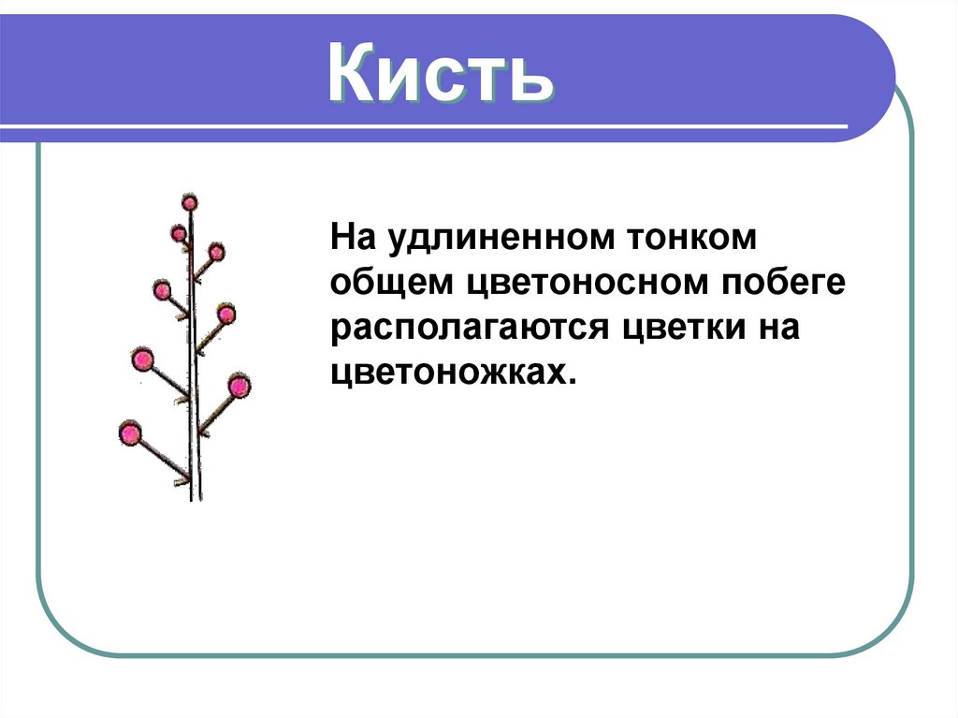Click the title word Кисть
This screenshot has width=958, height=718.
[440, 74]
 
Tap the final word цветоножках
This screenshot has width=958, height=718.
[450, 374]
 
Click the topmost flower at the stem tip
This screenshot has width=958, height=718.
[190, 201]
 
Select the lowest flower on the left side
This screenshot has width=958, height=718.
[130, 433]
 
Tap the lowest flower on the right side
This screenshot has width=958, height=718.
[239, 385]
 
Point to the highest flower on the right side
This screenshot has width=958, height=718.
[216, 251]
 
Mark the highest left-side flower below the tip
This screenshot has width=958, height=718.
[178, 233]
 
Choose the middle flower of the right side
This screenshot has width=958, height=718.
[226, 313]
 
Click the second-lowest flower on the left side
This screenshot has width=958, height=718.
[142, 359]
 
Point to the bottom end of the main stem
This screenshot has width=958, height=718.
[196, 497]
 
